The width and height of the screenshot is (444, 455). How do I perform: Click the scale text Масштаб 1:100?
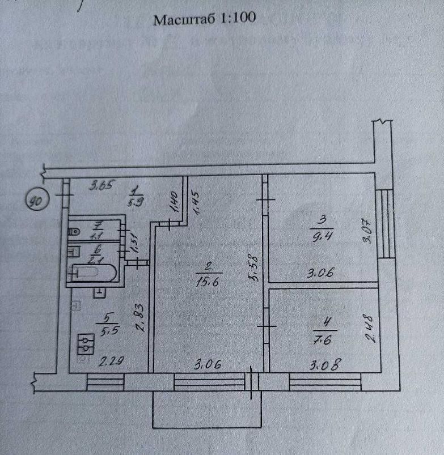(205, 19)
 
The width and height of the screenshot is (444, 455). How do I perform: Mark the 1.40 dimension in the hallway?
(175, 202)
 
